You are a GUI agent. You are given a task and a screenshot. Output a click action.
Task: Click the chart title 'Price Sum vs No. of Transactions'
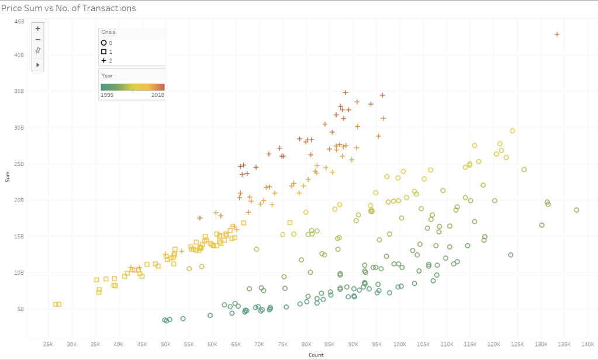tap(68, 8)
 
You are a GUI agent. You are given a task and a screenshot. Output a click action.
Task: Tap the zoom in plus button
tap(37, 28)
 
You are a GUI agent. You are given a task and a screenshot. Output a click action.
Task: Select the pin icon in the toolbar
tap(37, 50)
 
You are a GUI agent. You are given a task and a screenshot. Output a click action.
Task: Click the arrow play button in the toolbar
tap(37, 64)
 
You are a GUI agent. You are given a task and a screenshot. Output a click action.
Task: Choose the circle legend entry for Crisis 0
tap(103, 43)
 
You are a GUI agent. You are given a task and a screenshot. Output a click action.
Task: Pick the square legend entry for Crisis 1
tap(103, 51)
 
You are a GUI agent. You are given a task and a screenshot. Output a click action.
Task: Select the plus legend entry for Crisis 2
tap(103, 60)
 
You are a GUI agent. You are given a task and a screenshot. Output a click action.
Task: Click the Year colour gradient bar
tap(133, 87)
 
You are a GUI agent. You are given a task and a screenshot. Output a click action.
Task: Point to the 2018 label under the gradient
tap(158, 95)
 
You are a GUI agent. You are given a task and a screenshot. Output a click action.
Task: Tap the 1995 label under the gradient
tap(108, 95)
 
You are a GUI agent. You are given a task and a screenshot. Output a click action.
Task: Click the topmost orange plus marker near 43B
tap(557, 34)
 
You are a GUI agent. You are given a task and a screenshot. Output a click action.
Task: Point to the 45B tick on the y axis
tap(19, 22)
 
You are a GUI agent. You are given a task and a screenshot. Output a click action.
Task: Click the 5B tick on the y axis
tap(20, 309)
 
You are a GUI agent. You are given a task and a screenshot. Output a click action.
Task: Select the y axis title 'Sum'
tap(8, 176)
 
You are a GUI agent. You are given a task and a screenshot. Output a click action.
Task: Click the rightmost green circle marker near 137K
tap(576, 210)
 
